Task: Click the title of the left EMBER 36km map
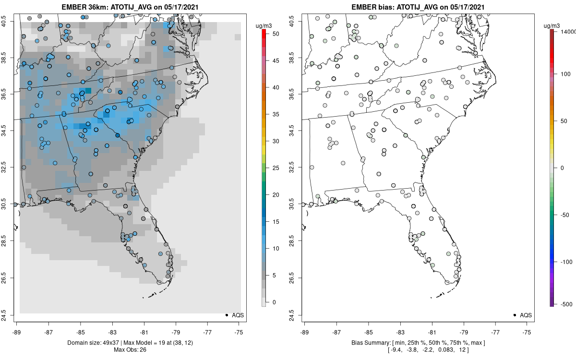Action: pyautogui.click(x=130, y=7)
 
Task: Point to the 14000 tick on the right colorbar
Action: pyautogui.click(x=568, y=31)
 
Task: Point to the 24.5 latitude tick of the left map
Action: pyautogui.click(x=10, y=315)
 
